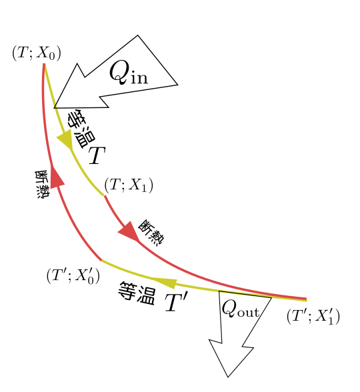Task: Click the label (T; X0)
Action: pos(37,53)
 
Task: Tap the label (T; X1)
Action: pos(129,185)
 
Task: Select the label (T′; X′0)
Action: pos(73,276)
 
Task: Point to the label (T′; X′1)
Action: pos(313,316)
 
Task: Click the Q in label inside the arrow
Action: pos(129,73)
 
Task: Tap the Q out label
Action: pos(240,308)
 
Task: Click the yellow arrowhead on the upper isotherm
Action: pos(66,141)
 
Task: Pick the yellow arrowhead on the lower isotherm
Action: pos(164,283)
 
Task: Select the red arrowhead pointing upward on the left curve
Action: pos(57,177)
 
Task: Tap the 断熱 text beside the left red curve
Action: pos(42,185)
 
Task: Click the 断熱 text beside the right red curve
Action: pos(151,233)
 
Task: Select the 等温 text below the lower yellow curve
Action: pos(137,293)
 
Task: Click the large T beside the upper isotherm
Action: pos(97,155)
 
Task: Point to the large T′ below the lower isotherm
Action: pos(176,302)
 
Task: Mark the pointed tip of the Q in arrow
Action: pos(54,107)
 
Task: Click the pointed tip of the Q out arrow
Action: pos(228,377)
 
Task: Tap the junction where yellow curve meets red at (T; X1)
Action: pos(104,195)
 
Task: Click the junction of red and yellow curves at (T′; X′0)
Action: pos(101,261)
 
